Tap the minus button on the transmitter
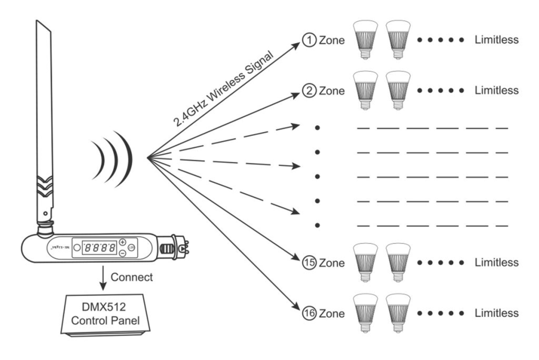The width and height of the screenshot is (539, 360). [122, 254]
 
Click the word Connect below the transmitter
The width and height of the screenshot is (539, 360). [132, 277]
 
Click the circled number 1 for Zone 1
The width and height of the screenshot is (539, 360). [308, 40]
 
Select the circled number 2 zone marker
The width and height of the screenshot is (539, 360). [308, 91]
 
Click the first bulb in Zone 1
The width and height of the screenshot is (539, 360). [366, 39]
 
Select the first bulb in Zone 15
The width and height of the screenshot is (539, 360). [366, 262]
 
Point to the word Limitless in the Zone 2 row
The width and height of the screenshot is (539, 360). [496, 91]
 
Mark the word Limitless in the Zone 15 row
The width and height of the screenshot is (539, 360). [496, 262]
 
